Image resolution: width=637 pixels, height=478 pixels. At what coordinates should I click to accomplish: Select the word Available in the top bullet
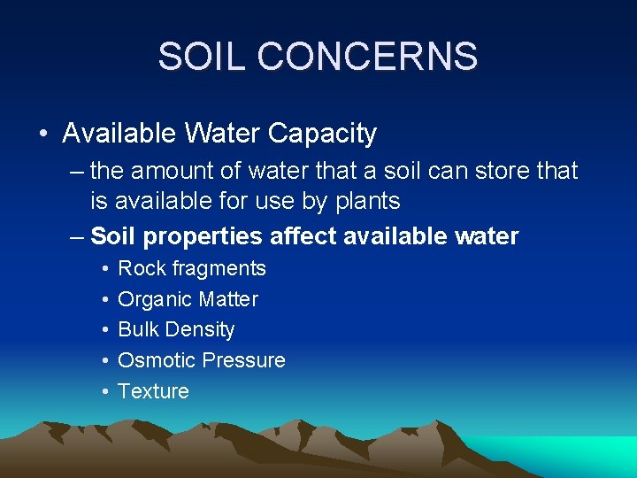click(119, 134)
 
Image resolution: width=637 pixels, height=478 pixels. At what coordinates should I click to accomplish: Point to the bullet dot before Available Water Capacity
click(42, 134)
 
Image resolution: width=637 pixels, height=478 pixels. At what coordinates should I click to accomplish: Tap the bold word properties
click(203, 236)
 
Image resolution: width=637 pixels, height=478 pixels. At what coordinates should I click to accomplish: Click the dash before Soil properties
click(76, 236)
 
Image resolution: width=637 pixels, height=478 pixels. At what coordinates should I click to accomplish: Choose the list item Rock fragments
click(191, 268)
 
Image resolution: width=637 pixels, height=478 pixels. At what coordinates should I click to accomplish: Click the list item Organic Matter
click(188, 299)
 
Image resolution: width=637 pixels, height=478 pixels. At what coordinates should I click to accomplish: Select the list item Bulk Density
click(176, 330)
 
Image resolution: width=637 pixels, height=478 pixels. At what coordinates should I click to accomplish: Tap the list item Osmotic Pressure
click(202, 360)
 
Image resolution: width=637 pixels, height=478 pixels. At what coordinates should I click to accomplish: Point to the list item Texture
click(153, 391)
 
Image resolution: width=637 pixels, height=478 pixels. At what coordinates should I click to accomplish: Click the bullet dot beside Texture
click(104, 391)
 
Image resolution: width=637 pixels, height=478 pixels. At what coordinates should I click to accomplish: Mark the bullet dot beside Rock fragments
click(104, 268)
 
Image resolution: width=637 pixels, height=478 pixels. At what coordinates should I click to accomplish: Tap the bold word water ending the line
click(486, 236)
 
